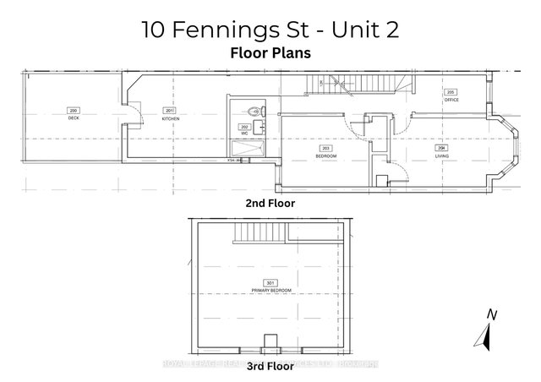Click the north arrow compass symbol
click(484, 333)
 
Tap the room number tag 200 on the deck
click(73, 111)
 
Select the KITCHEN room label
click(170, 117)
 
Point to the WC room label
click(244, 134)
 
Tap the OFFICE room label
click(451, 98)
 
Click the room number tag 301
click(270, 282)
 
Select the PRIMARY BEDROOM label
click(270, 290)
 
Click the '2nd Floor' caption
click(270, 203)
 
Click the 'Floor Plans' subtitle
click(270, 51)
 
